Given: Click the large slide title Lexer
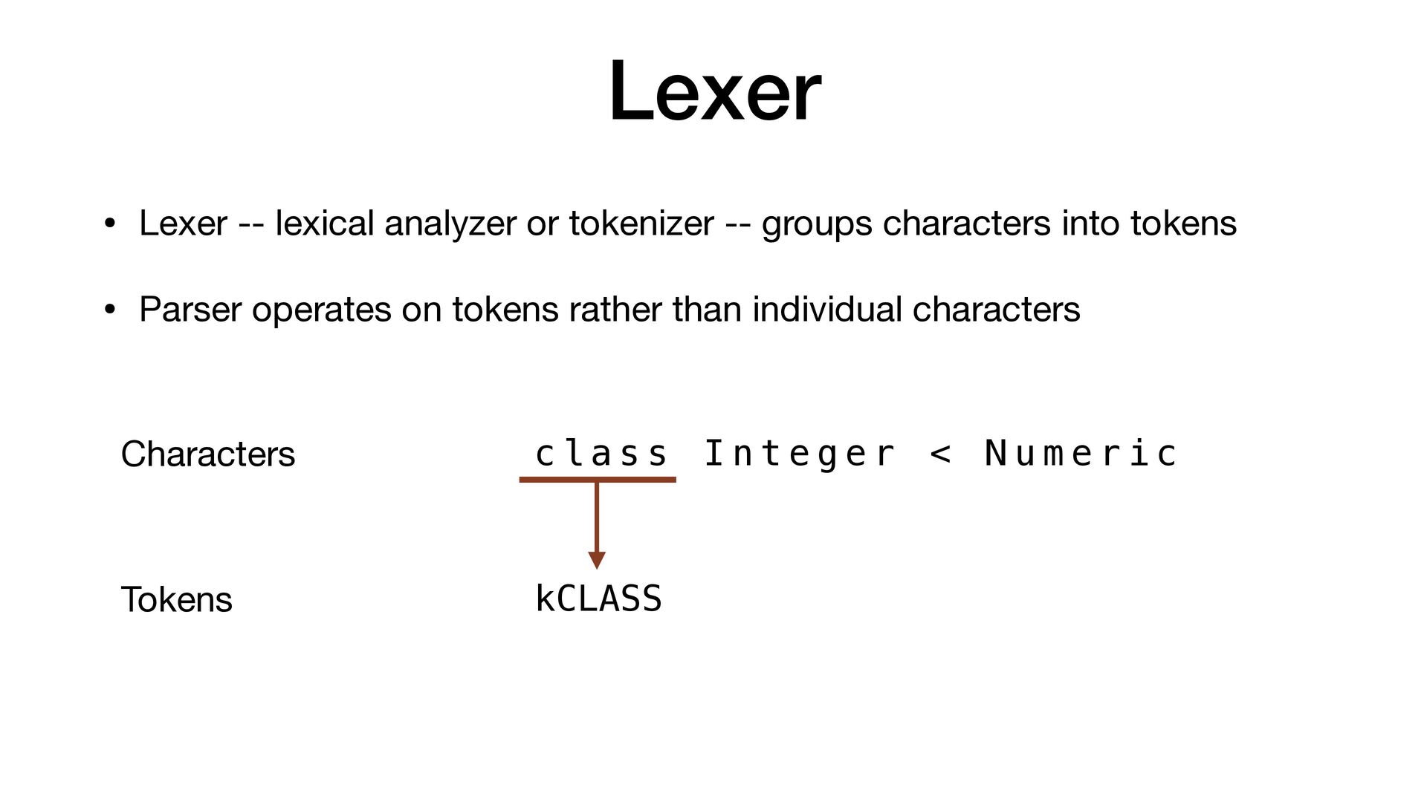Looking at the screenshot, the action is coord(714,91).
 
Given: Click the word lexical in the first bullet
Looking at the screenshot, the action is coord(324,223).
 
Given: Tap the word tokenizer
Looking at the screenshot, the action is coord(641,223).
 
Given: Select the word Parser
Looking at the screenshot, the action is coord(190,309).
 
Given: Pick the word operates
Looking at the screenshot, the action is coord(321,310).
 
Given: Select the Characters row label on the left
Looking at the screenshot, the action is coord(208,454).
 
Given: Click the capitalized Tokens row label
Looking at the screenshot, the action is coord(176,599).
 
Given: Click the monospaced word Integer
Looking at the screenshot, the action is coord(799,454).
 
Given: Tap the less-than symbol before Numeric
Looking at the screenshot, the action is coord(940,454).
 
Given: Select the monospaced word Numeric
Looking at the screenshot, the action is coord(1081,454).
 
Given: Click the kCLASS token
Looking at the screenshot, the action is coord(598,599).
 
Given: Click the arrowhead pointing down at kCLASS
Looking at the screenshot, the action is coord(597,560).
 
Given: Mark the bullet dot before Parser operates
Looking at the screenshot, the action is coord(109,310).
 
